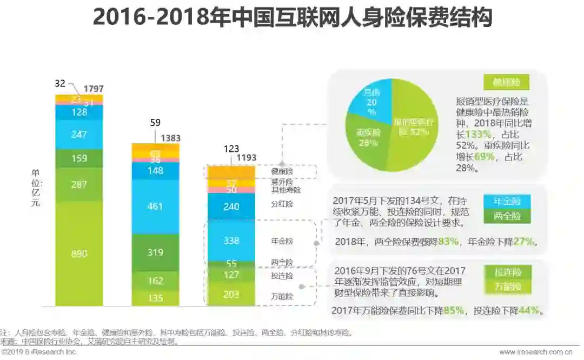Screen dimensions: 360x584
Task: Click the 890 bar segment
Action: coord(79,254)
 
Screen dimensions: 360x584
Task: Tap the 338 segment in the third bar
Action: coord(231,240)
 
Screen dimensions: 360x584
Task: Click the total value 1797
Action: coord(94,89)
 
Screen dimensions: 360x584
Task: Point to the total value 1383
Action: coord(170,138)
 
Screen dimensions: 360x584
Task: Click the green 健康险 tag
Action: coord(506,82)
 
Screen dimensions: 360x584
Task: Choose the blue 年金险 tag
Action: coord(507,202)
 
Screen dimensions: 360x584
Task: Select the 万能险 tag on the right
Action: coord(507,286)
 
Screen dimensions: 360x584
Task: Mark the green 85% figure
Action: coord(454,311)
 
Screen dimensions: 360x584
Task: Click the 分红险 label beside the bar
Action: coord(282,205)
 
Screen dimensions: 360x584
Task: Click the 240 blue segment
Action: coord(231,206)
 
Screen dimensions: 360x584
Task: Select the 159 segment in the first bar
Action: coord(79,159)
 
